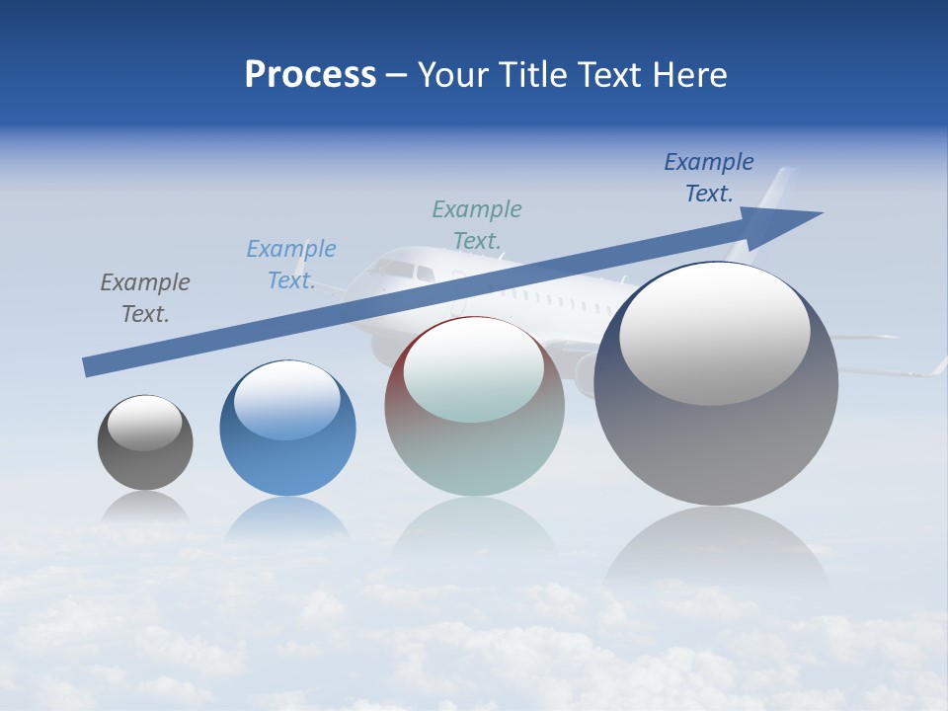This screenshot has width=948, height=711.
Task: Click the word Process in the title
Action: pos(310,75)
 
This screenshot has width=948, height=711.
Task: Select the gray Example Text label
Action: pos(145,298)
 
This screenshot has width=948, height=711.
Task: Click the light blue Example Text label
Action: pos(291,265)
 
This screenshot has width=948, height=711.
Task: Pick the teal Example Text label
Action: pos(477,224)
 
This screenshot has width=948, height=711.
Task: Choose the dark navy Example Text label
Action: pos(709,178)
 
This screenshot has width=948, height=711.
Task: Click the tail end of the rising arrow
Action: pos(91,366)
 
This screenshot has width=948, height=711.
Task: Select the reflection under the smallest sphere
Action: pos(145,509)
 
